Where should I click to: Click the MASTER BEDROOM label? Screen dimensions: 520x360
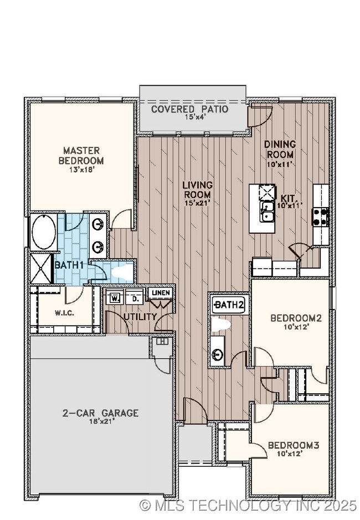click(x=81, y=155)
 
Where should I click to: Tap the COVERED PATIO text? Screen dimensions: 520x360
click(x=189, y=109)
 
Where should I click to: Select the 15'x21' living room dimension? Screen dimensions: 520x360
click(x=197, y=203)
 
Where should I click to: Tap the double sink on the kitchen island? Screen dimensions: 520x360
click(x=267, y=213)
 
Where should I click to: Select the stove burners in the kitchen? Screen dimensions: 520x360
click(x=321, y=217)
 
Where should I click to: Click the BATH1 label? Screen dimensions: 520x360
click(x=69, y=265)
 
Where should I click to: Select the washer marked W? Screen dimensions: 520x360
click(x=116, y=297)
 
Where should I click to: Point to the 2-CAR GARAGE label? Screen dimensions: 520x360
click(x=100, y=413)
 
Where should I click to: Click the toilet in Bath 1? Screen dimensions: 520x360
click(x=122, y=272)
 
